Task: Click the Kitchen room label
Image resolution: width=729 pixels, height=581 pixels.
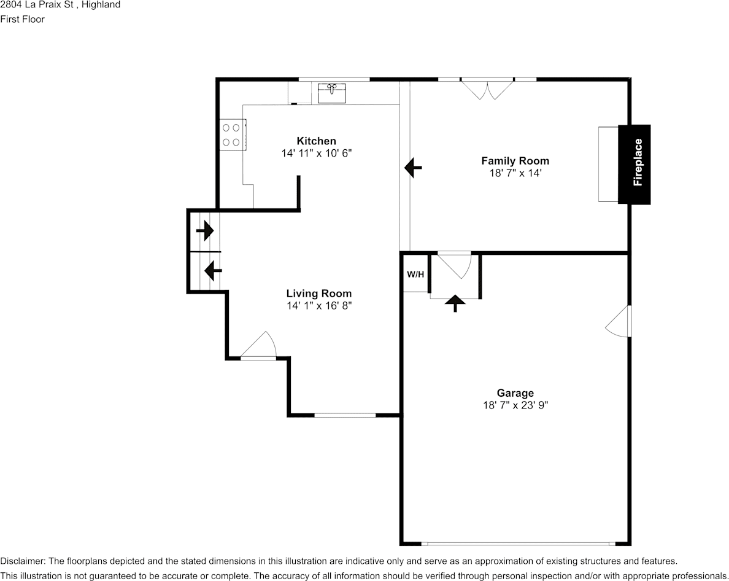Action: click(316, 141)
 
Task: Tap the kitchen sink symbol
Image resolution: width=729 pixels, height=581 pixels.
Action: click(332, 92)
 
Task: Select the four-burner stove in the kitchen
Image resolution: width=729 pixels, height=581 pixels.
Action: click(231, 135)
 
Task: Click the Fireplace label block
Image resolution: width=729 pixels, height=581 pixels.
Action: click(634, 164)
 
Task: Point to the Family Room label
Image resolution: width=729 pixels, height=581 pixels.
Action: click(515, 161)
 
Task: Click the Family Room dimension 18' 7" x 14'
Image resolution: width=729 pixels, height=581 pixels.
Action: click(515, 173)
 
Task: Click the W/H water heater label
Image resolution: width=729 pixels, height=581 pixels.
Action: click(415, 274)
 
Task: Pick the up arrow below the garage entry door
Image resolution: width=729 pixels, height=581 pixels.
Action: click(455, 303)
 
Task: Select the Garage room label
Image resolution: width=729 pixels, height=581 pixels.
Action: click(515, 393)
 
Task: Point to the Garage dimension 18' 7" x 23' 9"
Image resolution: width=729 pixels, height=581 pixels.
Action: click(515, 405)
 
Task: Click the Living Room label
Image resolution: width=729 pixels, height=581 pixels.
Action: click(319, 293)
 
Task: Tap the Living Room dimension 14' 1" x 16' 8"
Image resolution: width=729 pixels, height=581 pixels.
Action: click(319, 305)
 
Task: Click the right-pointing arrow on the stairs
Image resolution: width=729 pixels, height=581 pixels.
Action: click(205, 231)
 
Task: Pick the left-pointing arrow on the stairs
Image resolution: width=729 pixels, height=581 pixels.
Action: click(212, 270)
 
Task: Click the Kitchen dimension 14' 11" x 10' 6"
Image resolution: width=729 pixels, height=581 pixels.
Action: click(316, 153)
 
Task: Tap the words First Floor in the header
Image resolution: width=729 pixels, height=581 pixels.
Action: click(23, 19)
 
